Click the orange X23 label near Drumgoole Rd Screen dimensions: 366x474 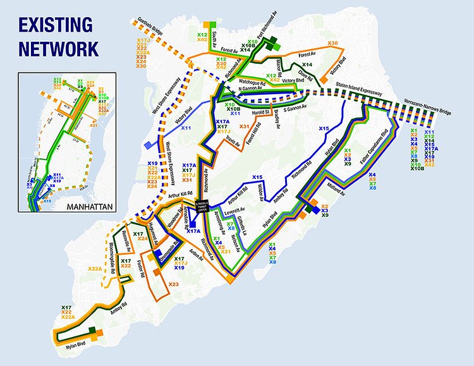point(174,284)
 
